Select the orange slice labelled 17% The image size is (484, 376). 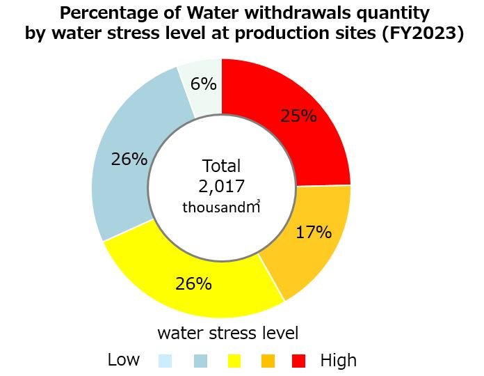(x=306, y=244)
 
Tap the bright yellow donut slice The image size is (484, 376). (x=188, y=279)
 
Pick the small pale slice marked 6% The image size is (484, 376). (x=202, y=84)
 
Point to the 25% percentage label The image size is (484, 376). (x=298, y=116)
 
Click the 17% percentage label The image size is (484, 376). (x=314, y=232)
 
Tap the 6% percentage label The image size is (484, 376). (x=203, y=84)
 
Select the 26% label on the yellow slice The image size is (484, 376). (x=193, y=284)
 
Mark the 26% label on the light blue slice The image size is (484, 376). (x=129, y=159)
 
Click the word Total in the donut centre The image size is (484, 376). (x=221, y=166)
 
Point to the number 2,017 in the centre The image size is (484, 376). (x=221, y=186)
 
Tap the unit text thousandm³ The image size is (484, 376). (x=221, y=207)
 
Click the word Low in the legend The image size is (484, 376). (x=124, y=360)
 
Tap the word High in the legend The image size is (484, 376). (x=339, y=360)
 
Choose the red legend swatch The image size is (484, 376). (x=299, y=361)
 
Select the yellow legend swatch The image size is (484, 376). (x=234, y=361)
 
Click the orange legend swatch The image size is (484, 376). (x=268, y=361)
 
